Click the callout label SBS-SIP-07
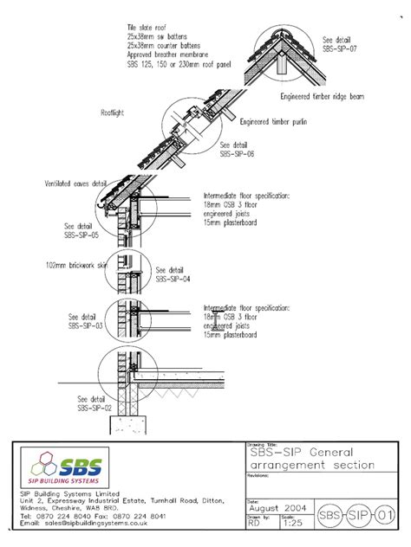click(338, 45)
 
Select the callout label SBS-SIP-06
click(237, 151)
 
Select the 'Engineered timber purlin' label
click(277, 122)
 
